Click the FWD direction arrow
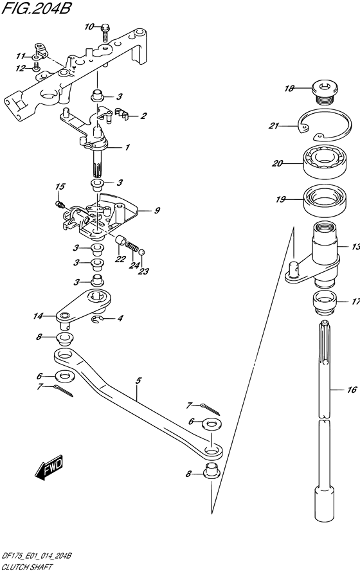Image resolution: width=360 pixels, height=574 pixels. click(x=49, y=467)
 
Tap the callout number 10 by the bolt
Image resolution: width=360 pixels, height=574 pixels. click(x=89, y=27)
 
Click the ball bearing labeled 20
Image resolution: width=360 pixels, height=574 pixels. click(x=325, y=161)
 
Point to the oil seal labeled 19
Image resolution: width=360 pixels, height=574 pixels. click(x=325, y=200)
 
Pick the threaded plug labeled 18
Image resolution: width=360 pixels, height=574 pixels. click(x=325, y=93)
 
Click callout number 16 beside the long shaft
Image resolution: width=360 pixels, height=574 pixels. click(x=352, y=390)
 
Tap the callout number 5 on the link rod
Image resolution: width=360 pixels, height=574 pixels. click(x=138, y=381)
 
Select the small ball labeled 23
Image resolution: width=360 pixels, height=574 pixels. click(x=142, y=251)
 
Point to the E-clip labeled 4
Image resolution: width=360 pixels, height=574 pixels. click(x=96, y=320)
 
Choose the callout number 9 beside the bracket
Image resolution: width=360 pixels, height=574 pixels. click(x=157, y=210)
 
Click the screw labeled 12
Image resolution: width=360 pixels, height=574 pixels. click(x=36, y=67)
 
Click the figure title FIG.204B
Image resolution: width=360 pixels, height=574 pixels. click(x=36, y=8)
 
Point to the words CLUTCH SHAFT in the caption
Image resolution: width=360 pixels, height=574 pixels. click(x=27, y=568)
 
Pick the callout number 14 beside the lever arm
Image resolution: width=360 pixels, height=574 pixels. click(x=38, y=316)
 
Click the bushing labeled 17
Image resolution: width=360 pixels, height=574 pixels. click(x=325, y=302)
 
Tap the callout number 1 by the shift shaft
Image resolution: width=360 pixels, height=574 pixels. click(x=127, y=148)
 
